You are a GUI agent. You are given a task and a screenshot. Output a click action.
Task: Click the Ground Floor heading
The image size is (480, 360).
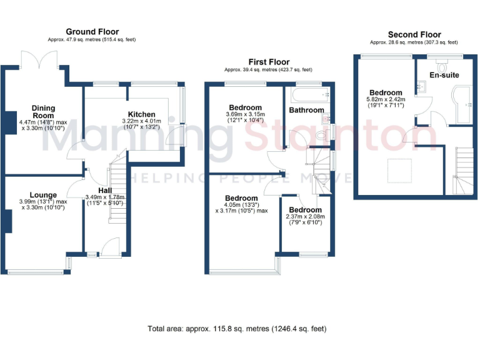tap(92, 32)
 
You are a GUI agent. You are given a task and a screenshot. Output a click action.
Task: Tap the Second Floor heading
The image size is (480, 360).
tap(414, 35)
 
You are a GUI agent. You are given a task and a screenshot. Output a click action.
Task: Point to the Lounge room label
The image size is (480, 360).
tap(42, 195)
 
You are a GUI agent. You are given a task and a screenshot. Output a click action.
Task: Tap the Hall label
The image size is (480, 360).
tap(105, 190)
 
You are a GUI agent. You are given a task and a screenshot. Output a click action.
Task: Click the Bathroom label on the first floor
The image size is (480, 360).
tap(306, 110)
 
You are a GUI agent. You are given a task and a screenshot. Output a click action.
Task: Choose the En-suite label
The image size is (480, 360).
tap(444, 75)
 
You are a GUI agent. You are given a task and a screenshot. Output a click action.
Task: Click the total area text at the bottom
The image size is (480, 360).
tap(237, 328)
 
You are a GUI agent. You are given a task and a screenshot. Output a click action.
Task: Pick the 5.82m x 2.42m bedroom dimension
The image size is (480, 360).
tap(386, 102)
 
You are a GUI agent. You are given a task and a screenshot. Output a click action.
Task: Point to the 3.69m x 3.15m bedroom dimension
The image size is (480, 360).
tap(245, 117)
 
